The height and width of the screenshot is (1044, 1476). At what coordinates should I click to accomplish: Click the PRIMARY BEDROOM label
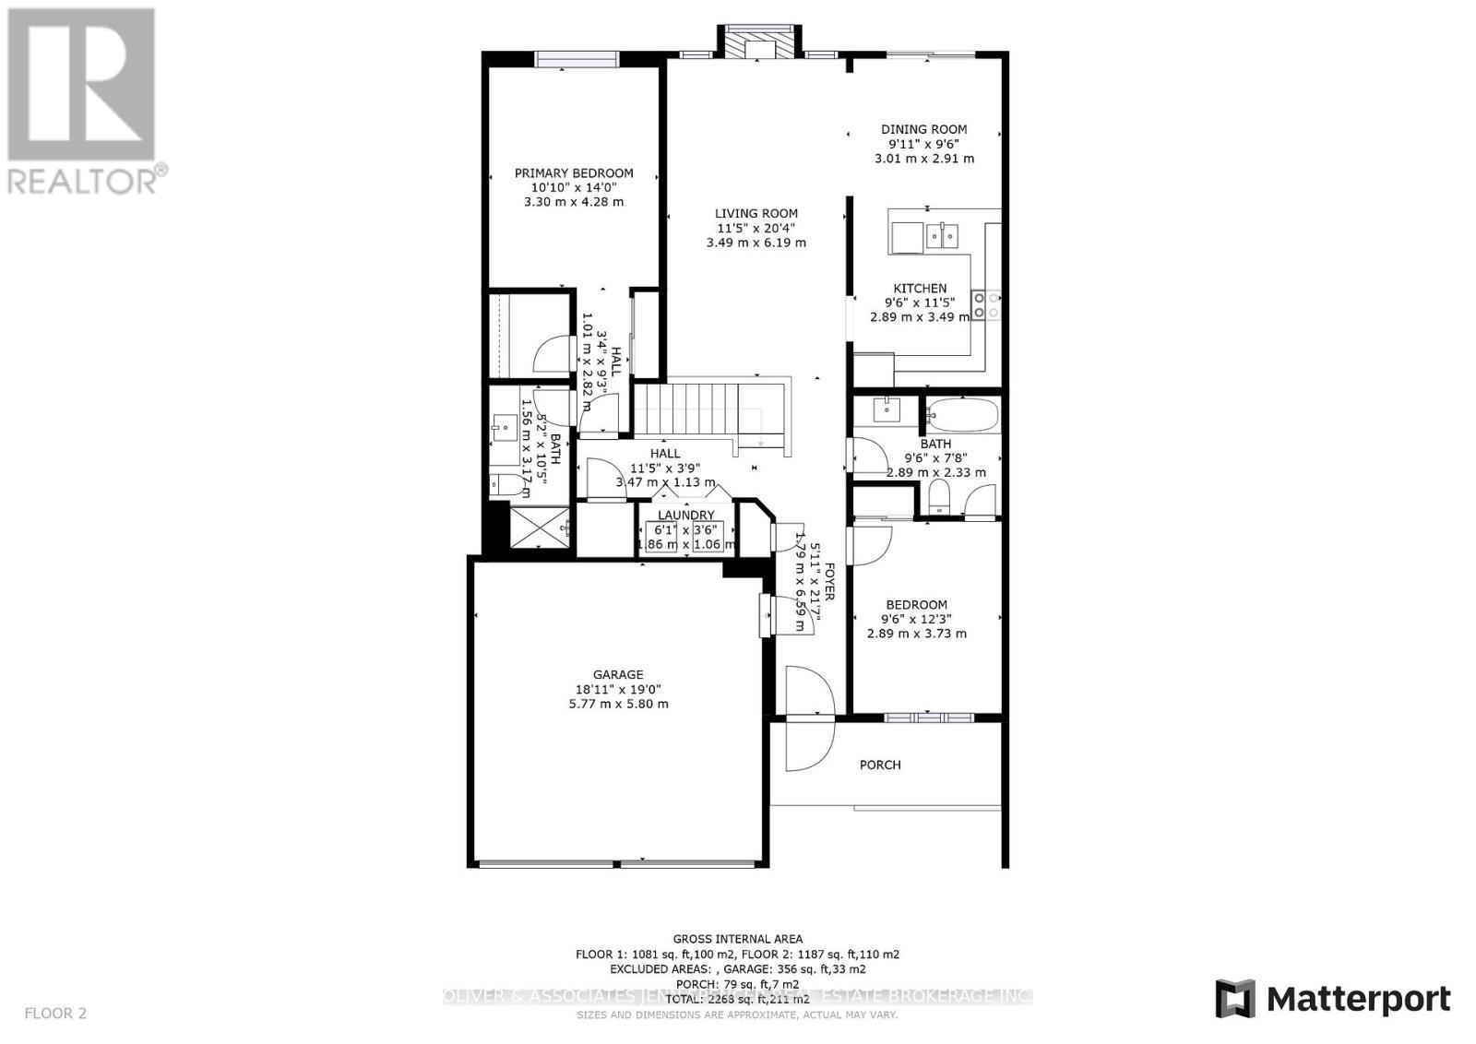(x=573, y=172)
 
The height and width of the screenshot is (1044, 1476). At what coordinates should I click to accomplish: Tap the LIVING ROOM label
(x=756, y=213)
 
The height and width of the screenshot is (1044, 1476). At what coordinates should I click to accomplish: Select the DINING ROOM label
(x=923, y=130)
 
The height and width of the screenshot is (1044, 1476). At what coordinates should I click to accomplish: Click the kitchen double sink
(x=942, y=236)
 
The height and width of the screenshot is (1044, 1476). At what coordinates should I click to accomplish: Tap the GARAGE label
(x=618, y=674)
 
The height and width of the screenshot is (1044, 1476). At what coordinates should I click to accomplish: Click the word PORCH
(x=880, y=765)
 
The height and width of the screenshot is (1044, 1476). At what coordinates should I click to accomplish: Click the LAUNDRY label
(x=685, y=515)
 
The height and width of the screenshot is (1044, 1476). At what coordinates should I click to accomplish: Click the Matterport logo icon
(x=1234, y=999)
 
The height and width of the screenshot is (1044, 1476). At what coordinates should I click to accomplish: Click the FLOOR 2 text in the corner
(x=55, y=1014)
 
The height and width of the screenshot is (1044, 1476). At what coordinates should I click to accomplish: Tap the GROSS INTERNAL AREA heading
(x=737, y=939)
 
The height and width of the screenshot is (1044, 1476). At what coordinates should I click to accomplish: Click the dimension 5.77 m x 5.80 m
(x=618, y=704)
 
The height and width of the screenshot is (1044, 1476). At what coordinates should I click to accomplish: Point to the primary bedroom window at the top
(x=577, y=59)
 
